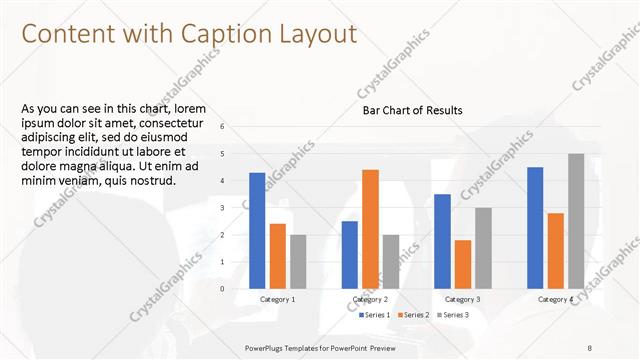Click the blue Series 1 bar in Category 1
(257, 230)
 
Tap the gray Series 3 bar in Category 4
(576, 220)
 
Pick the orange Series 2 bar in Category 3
(462, 264)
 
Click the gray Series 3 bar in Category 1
(299, 261)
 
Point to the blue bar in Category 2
(349, 254)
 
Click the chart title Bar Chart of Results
(412, 110)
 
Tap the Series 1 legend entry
(376, 315)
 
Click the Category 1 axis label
(278, 300)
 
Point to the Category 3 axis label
(462, 300)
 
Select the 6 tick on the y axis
(236, 126)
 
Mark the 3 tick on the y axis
(236, 207)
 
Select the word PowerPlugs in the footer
(265, 347)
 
